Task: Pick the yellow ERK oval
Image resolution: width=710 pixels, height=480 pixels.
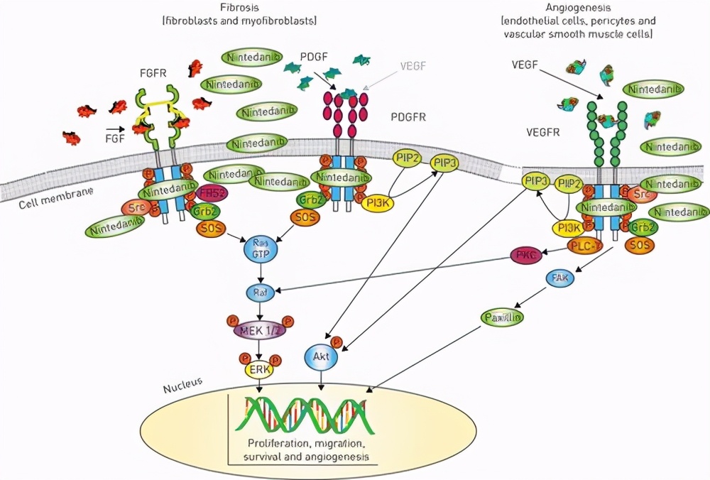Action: [258, 369]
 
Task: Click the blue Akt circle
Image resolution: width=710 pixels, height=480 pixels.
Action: [321, 358]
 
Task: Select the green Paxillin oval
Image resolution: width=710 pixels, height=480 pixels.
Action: [503, 317]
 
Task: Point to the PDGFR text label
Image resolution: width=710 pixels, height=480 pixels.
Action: [408, 116]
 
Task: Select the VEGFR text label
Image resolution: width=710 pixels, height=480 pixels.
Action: [545, 132]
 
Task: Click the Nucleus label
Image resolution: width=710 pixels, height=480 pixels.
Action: [182, 387]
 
